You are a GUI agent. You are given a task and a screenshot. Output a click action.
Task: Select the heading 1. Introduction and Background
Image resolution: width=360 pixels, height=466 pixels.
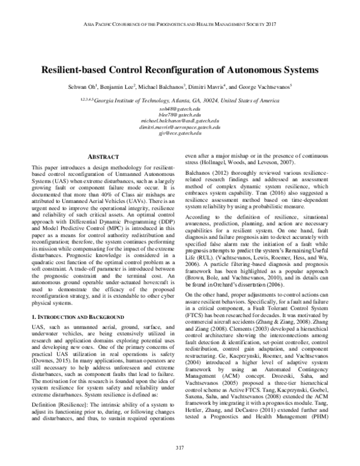click(77, 315)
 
